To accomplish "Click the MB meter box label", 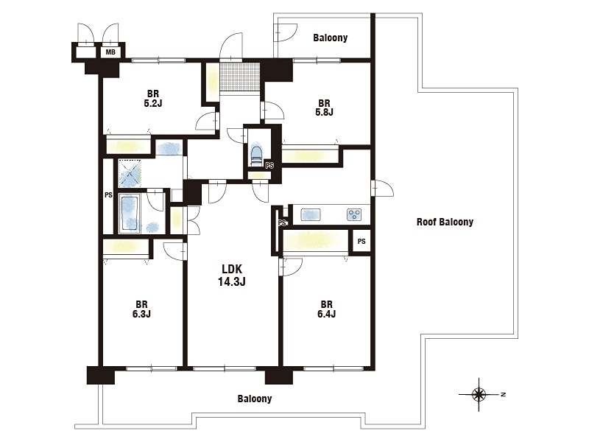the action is [x=110, y=52].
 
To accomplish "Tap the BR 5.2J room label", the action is [x=153, y=99].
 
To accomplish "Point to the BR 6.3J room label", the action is [x=141, y=309].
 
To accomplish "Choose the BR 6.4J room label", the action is [x=326, y=309].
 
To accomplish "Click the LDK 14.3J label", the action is [x=232, y=275].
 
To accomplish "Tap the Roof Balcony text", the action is [x=445, y=222].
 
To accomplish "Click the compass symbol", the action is [x=479, y=394].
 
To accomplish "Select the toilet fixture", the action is [x=256, y=155].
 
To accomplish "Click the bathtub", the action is [x=130, y=213].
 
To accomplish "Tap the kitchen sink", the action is [x=311, y=215].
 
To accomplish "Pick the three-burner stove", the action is [x=354, y=215].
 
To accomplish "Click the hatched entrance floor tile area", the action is [x=240, y=77].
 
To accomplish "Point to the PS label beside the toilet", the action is [x=269, y=165].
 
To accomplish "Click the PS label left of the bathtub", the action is [x=108, y=195].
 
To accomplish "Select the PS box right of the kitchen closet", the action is [x=361, y=242].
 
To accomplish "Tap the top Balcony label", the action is [x=330, y=38].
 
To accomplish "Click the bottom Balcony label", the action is [x=254, y=399].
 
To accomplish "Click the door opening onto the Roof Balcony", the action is [x=381, y=188].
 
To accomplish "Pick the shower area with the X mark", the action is [x=130, y=174].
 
